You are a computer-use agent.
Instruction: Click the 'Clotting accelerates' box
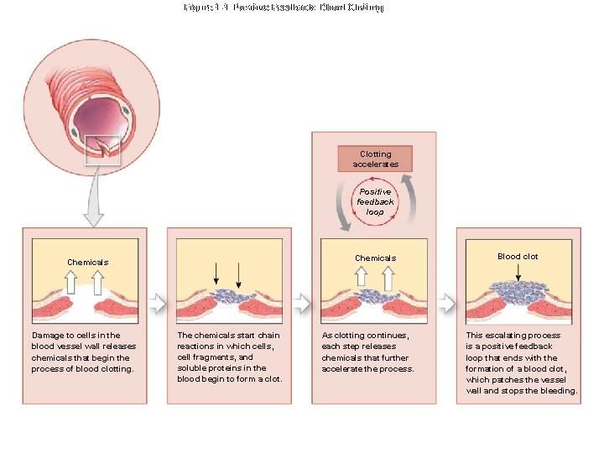[x=375, y=159]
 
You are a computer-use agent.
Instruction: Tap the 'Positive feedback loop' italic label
[x=374, y=201]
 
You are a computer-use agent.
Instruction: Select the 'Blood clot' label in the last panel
[x=518, y=257]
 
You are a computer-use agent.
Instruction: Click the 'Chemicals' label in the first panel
[x=87, y=262]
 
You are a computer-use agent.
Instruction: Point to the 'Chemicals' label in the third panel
[x=375, y=258]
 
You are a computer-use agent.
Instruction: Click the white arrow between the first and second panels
[x=156, y=301]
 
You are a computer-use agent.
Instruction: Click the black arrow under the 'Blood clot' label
[x=518, y=273]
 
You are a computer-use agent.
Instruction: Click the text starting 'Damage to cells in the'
[x=83, y=352]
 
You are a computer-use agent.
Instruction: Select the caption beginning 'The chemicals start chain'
[x=229, y=357]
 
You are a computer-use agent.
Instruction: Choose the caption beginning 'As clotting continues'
[x=368, y=352]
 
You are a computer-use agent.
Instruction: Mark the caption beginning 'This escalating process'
[x=521, y=363]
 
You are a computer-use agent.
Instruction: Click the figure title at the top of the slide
[x=283, y=8]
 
